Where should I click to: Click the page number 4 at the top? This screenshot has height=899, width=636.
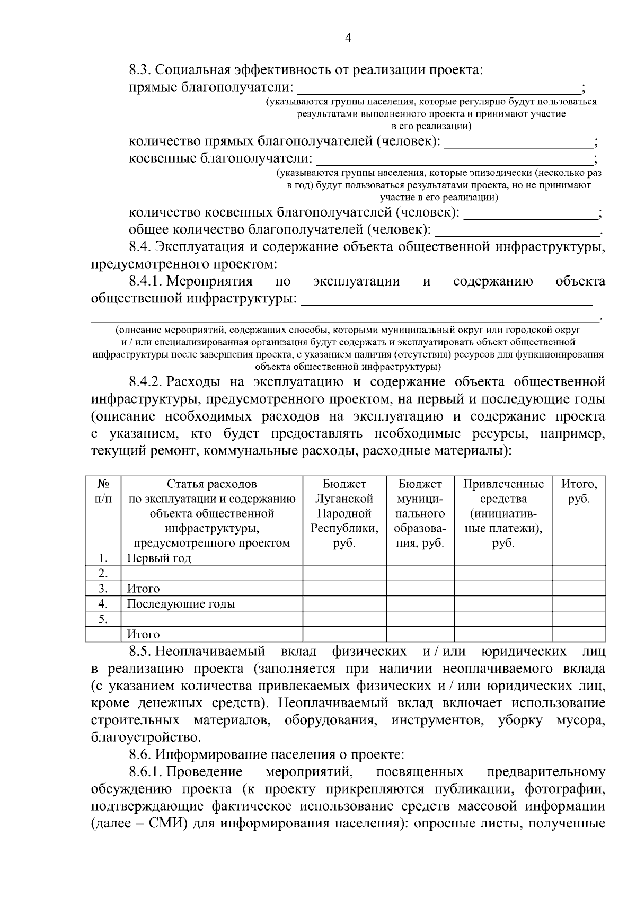348,38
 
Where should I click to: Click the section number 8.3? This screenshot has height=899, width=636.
140,70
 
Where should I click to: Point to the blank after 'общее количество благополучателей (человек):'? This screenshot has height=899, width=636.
517,232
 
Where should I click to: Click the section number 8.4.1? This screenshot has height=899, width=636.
146,281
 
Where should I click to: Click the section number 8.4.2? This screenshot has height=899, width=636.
146,382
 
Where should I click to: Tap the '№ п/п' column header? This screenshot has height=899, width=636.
103,491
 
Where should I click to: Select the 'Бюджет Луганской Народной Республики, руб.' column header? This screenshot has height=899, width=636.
344,513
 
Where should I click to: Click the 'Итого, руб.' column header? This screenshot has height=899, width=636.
579,491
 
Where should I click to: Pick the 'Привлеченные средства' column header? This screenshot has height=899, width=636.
503,513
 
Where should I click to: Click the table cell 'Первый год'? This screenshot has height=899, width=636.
159,558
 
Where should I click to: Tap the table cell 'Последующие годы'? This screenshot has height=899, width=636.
181,604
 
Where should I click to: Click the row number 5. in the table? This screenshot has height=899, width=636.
103,619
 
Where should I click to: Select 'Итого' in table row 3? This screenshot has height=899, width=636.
143,589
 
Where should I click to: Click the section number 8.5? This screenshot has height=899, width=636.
140,652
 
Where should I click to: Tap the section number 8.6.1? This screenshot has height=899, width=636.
146,772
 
